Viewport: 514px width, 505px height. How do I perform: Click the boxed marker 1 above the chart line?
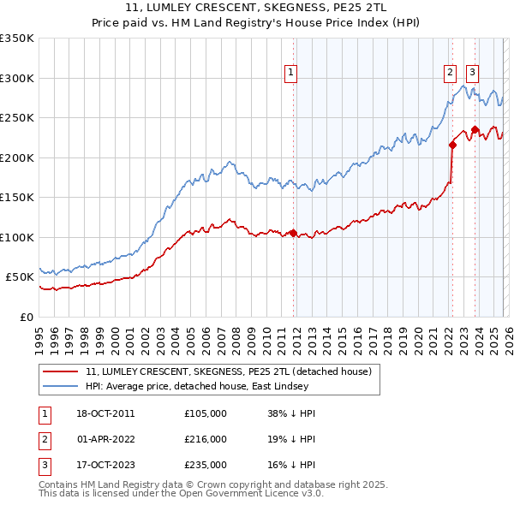pyautogui.click(x=291, y=74)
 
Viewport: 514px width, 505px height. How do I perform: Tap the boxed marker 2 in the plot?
pyautogui.click(x=451, y=74)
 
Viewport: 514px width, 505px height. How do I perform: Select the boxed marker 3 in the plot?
pyautogui.click(x=473, y=74)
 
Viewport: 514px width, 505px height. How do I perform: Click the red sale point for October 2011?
pyautogui.click(x=293, y=233)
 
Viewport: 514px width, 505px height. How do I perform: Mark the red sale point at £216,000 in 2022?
pyautogui.click(x=451, y=145)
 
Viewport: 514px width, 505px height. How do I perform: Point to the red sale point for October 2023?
pyautogui.click(x=475, y=129)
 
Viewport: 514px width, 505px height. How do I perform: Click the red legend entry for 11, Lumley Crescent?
pyautogui.click(x=228, y=371)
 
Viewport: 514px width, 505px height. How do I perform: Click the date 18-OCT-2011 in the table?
pyautogui.click(x=106, y=413)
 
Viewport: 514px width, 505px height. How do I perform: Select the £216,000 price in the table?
pyautogui.click(x=206, y=439)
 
